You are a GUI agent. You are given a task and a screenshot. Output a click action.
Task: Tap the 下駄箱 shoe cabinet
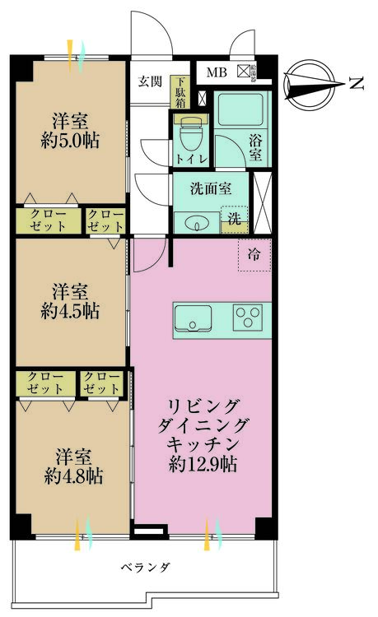[180, 93]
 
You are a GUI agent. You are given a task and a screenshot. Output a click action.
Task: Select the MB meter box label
[216, 72]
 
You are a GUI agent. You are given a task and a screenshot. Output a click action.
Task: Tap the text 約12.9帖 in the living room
[203, 463]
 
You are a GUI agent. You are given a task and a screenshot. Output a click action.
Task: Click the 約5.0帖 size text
[71, 140]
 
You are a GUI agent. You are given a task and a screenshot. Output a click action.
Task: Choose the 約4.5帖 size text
[71, 311]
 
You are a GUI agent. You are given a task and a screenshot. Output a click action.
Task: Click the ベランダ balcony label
[145, 568]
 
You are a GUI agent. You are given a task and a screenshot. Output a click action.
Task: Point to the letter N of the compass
[356, 82]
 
